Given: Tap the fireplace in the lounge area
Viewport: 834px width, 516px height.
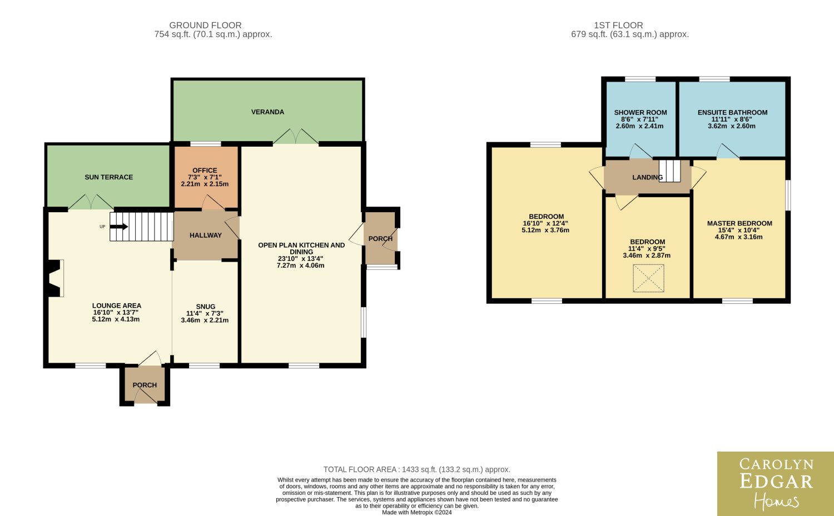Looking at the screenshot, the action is (55, 278).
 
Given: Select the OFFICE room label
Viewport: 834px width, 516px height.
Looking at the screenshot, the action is (205, 171).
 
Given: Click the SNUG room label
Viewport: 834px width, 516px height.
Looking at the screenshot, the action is (206, 307).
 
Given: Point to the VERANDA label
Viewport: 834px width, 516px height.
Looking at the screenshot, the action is (267, 112).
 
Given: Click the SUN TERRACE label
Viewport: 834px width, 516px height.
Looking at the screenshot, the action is (109, 177).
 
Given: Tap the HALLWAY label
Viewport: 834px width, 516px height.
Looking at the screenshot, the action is (206, 235).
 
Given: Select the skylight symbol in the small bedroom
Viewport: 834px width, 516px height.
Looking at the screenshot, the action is (648, 278).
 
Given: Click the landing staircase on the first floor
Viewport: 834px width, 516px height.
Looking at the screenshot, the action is (669, 171).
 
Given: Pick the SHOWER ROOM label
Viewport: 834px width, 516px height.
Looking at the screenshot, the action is (641, 112).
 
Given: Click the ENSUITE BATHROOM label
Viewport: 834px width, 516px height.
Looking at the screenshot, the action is (732, 112).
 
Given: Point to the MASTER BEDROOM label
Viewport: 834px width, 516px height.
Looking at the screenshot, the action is (739, 223).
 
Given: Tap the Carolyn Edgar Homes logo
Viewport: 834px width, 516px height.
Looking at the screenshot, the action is (776, 484).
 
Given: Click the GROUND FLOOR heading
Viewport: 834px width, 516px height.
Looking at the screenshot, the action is (205, 26).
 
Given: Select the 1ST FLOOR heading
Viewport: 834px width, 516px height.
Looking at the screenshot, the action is (618, 26).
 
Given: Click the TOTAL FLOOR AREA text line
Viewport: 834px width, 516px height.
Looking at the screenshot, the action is (416, 469).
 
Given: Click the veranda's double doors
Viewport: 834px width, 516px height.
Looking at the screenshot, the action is (296, 137).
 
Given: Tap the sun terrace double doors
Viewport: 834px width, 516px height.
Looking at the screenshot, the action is (91, 202).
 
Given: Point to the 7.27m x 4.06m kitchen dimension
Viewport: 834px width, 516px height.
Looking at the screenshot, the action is (300, 265).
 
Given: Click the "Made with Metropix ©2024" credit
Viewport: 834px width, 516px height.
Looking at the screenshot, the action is (416, 512).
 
